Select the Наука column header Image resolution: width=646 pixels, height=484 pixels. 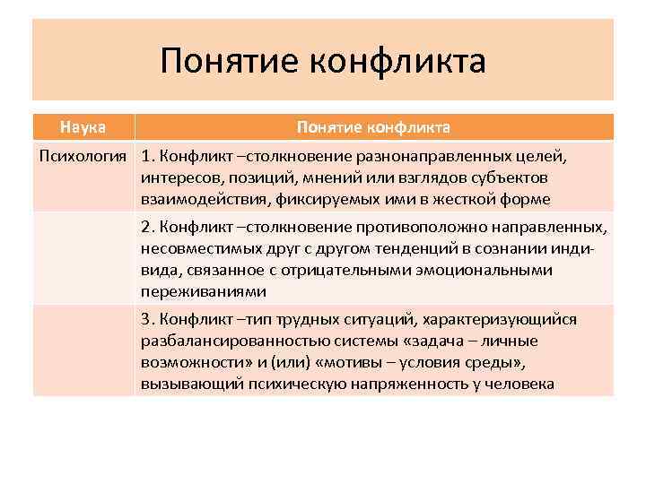coord(83,127)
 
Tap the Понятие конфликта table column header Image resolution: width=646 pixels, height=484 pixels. coord(373,127)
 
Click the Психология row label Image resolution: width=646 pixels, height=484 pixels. coord(83,156)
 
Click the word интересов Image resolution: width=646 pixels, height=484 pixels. coord(178,177)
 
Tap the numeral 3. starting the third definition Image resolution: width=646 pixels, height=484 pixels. coord(147,320)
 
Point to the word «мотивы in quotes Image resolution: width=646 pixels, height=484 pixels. coord(389,363)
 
